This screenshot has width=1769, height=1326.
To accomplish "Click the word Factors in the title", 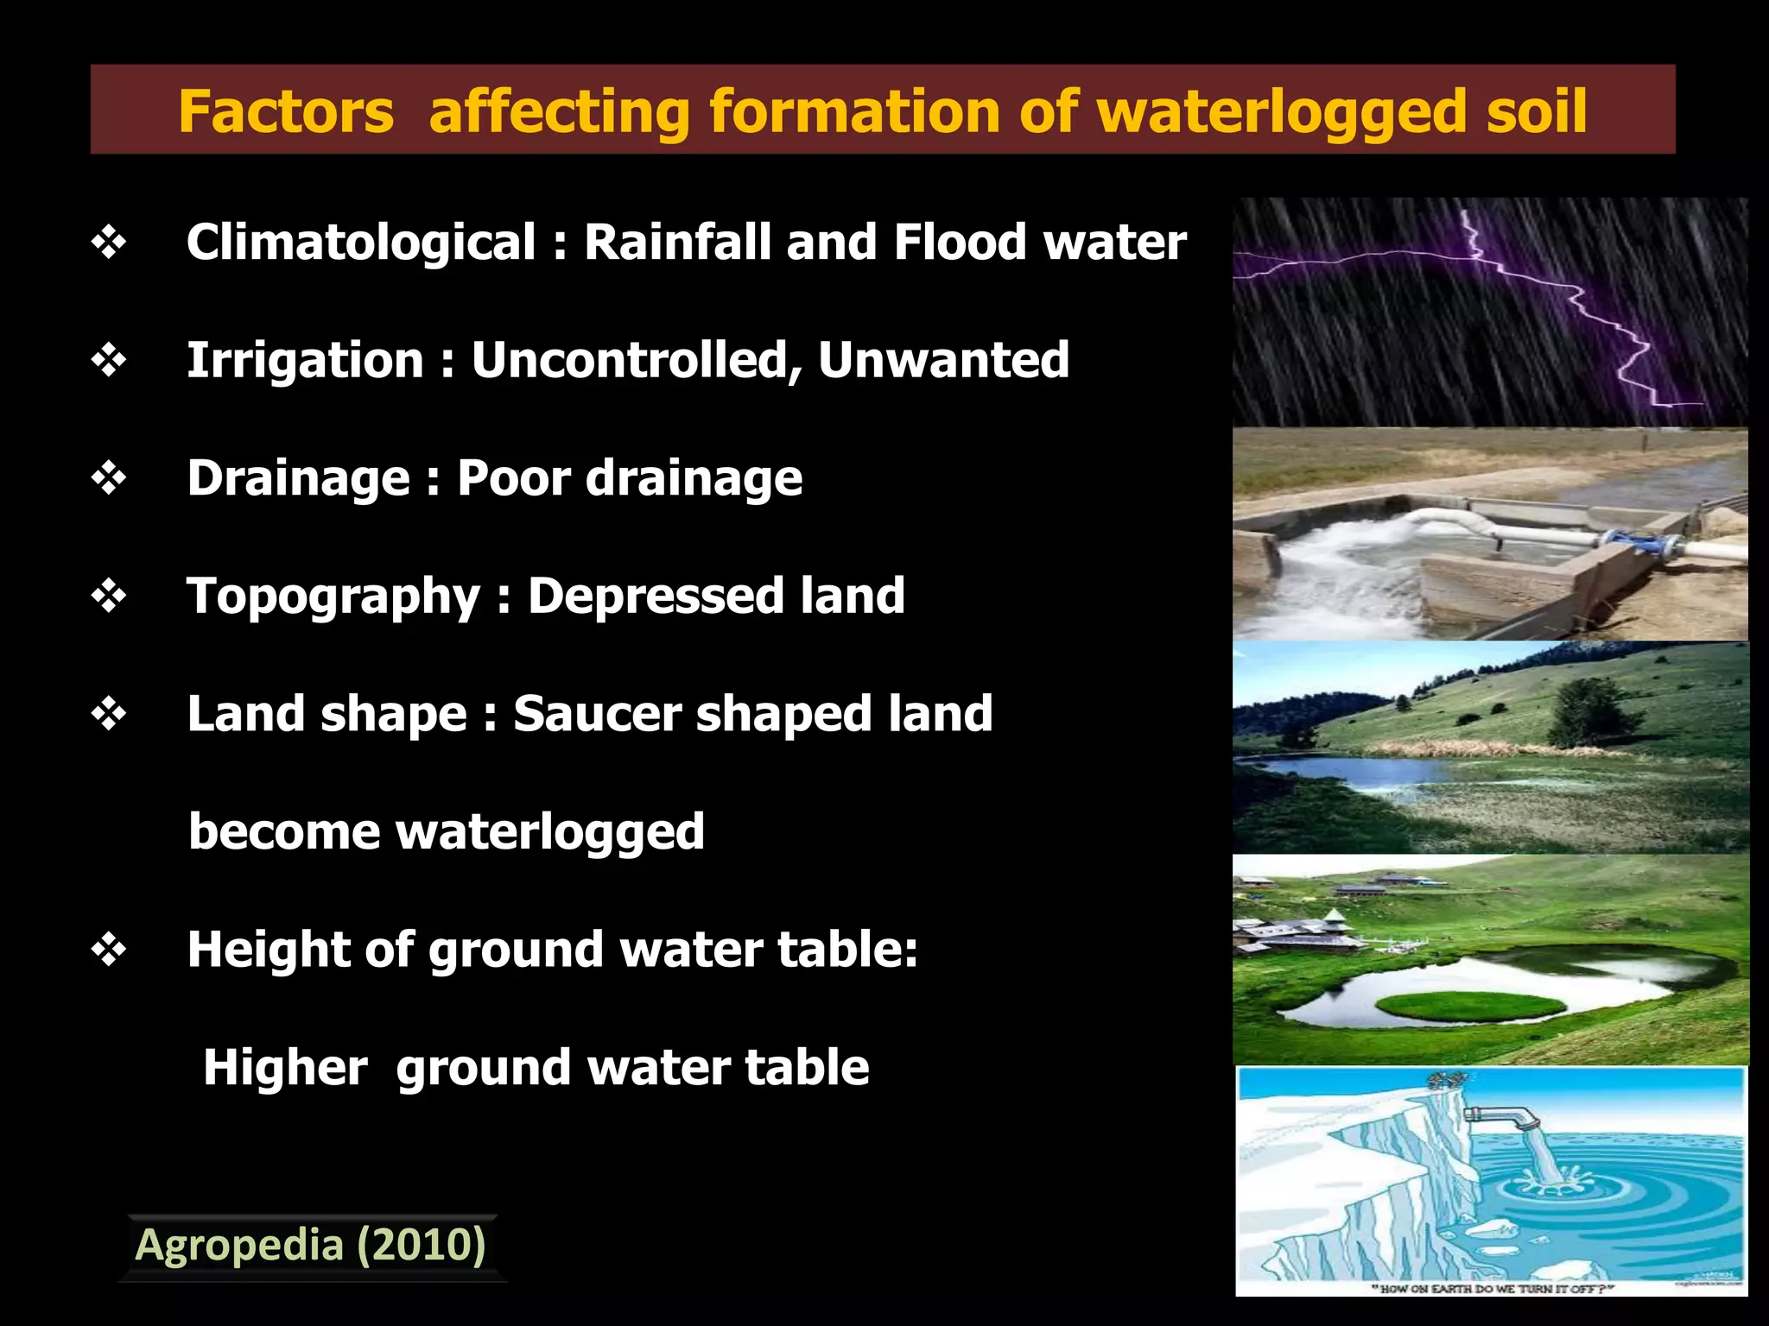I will pyautogui.click(x=286, y=112).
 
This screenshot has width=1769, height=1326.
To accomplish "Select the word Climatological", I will pyautogui.click(x=361, y=242).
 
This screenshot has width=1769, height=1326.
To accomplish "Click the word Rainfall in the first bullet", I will pyautogui.click(x=677, y=242).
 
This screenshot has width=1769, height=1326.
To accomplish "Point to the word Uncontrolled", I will pyautogui.click(x=636, y=360).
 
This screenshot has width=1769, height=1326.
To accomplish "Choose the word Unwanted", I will pyautogui.click(x=943, y=360).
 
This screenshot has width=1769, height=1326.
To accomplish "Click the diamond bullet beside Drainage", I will pyautogui.click(x=109, y=478).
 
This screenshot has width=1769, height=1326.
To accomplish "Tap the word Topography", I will pyautogui.click(x=333, y=597).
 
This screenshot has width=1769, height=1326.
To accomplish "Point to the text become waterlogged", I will pyautogui.click(x=447, y=832).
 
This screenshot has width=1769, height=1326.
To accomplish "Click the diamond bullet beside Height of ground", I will pyautogui.click(x=109, y=950).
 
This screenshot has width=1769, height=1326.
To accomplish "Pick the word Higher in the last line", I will pyautogui.click(x=285, y=1068).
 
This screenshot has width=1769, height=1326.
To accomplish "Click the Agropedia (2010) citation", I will pyautogui.click(x=311, y=1246).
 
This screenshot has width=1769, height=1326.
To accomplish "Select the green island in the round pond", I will pyautogui.click(x=1468, y=1006).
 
